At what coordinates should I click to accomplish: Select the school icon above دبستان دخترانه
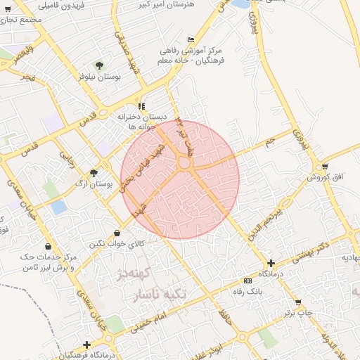pos(141,106)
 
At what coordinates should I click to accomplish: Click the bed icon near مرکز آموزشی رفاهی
pos(191,40)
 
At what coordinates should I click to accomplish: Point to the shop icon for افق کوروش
pos(323,167)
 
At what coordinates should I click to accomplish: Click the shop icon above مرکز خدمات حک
pos(47,247)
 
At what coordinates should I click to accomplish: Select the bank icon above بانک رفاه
pos(247,281)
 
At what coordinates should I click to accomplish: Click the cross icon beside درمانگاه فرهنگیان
pos(86,345)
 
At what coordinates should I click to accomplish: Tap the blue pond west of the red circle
pos(59,207)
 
